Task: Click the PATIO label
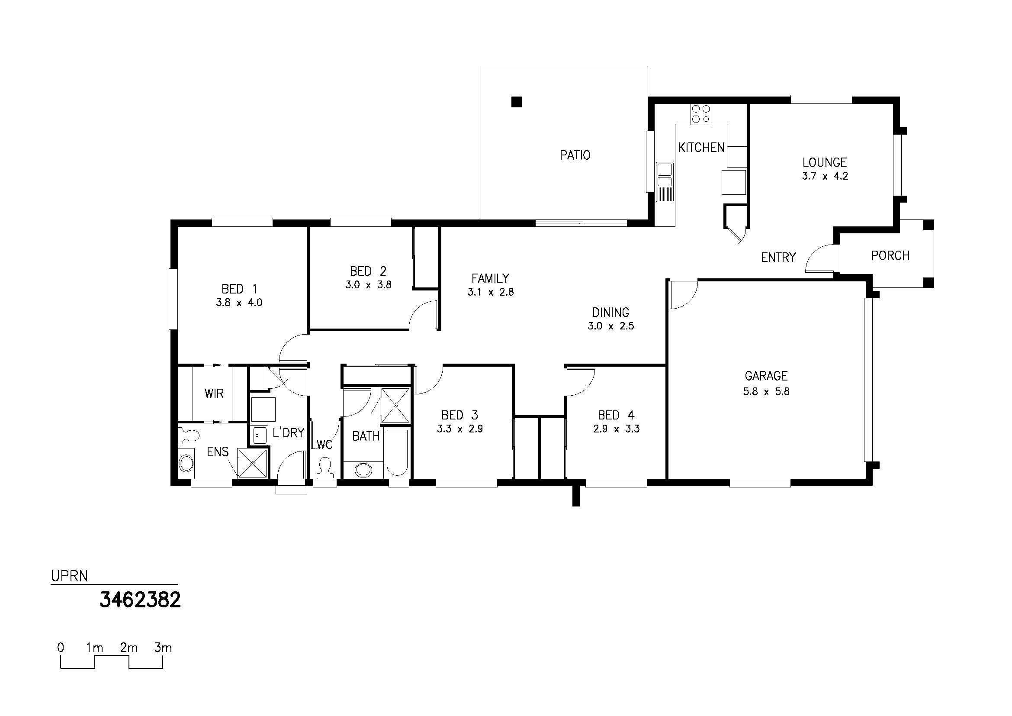pyautogui.click(x=575, y=155)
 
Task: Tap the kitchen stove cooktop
pyautogui.click(x=700, y=114)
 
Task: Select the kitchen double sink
pyautogui.click(x=665, y=182)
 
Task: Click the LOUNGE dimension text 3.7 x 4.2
pyautogui.click(x=825, y=176)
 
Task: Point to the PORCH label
pyautogui.click(x=890, y=256)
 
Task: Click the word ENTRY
pyautogui.click(x=778, y=257)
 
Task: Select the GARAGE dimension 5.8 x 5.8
pyautogui.click(x=767, y=391)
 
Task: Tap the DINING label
pyautogui.click(x=610, y=313)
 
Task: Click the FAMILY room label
pyautogui.click(x=491, y=278)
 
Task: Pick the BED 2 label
pyautogui.click(x=368, y=271)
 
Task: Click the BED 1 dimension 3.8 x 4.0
pyautogui.click(x=239, y=303)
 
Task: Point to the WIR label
pyautogui.click(x=214, y=393)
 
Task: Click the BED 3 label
pyautogui.click(x=460, y=415)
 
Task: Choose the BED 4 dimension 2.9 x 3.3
pyautogui.click(x=617, y=429)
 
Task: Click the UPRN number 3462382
pyautogui.click(x=140, y=600)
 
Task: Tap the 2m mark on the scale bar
pyautogui.click(x=129, y=648)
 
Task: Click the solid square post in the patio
pyautogui.click(x=517, y=102)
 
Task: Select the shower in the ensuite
pyautogui.click(x=253, y=463)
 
